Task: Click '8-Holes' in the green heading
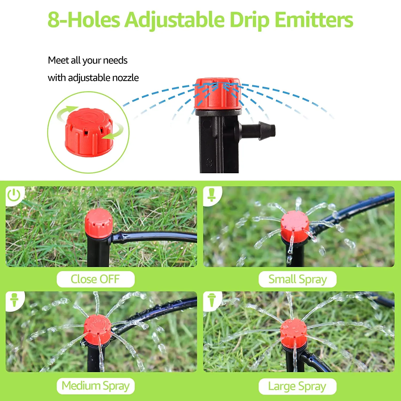(x=84, y=20)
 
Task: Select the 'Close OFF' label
(x=95, y=279)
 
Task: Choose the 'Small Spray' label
(x=297, y=279)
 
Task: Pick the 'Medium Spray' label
(x=95, y=386)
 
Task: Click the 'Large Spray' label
(x=297, y=386)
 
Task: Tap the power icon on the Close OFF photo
(x=14, y=195)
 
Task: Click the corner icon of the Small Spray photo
(x=211, y=195)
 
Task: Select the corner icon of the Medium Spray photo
(x=14, y=300)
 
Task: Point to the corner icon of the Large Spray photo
(x=211, y=300)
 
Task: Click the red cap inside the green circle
(x=89, y=132)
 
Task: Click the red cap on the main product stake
(x=218, y=93)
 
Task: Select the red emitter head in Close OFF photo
(x=99, y=223)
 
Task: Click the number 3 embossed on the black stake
(x=209, y=163)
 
